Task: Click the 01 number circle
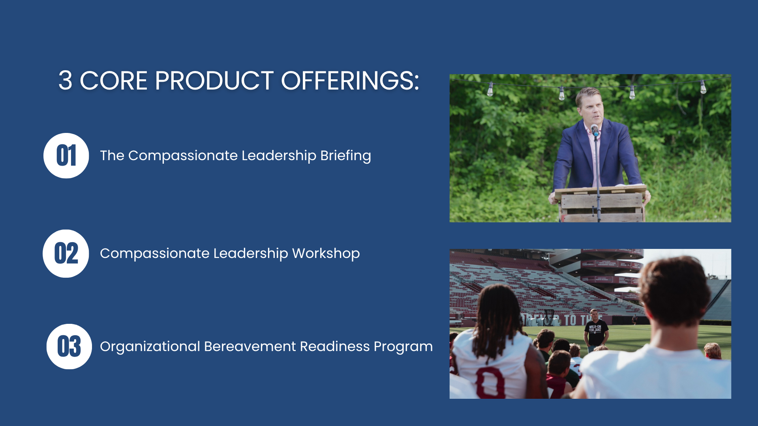pyautogui.click(x=66, y=155)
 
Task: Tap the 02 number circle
pyautogui.click(x=66, y=253)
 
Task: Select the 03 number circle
pyautogui.click(x=69, y=346)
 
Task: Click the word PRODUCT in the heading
pyautogui.click(x=214, y=81)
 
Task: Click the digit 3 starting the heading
pyautogui.click(x=66, y=81)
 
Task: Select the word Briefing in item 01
pyautogui.click(x=345, y=156)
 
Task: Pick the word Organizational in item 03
pyautogui.click(x=150, y=347)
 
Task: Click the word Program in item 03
pyautogui.click(x=403, y=347)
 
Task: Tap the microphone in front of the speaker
pyautogui.click(x=595, y=130)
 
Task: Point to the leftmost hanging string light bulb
pyautogui.click(x=490, y=90)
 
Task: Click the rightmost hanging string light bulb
pyautogui.click(x=703, y=87)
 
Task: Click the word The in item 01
pyautogui.click(x=112, y=155)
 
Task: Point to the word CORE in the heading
pyautogui.click(x=114, y=81)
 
